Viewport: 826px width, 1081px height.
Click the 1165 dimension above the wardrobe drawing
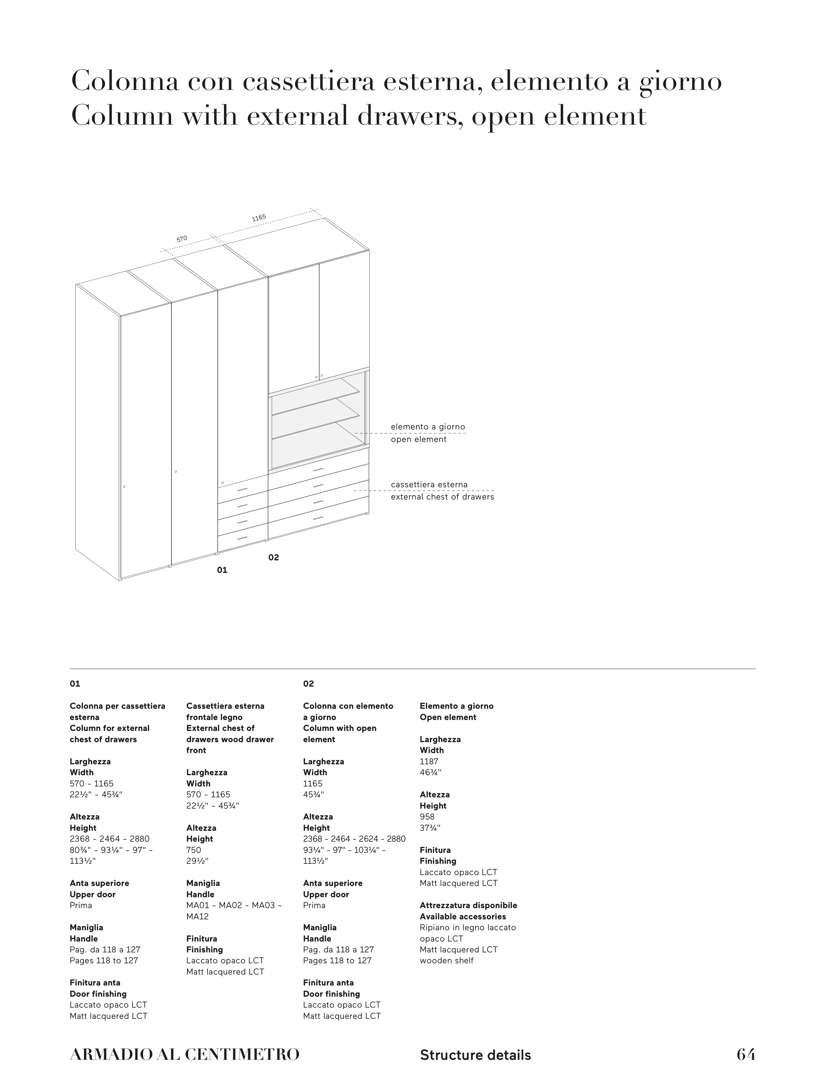tap(259, 218)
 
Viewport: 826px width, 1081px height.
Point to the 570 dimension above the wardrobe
tap(182, 239)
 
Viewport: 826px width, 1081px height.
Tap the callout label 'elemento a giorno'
tap(428, 427)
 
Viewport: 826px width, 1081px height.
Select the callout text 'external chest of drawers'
tap(442, 497)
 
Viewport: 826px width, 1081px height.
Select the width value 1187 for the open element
tap(429, 761)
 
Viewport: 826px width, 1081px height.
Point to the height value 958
tap(427, 817)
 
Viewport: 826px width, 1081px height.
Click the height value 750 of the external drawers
tap(194, 850)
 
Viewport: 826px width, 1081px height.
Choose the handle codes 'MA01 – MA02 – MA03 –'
tap(234, 905)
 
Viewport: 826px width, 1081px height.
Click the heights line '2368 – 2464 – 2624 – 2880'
tap(354, 839)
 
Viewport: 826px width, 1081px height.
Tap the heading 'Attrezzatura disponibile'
tap(468, 905)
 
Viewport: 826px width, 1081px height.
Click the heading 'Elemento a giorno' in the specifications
tap(456, 706)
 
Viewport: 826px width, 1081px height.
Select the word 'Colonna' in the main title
tap(125, 82)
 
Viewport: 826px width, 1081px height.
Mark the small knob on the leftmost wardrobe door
tap(124, 487)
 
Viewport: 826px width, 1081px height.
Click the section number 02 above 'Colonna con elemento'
tap(308, 684)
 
